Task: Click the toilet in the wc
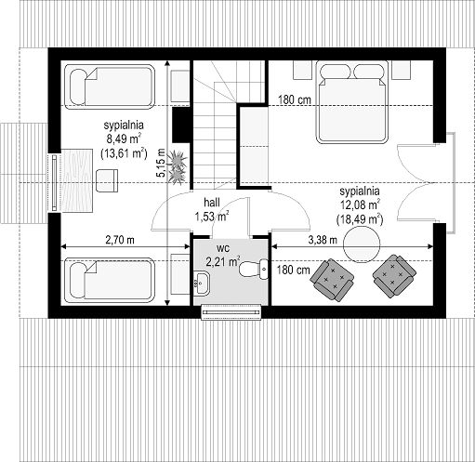pyautogui.click(x=254, y=269)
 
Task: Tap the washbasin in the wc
pyautogui.click(x=202, y=283)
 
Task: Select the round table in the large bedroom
pyautogui.click(x=362, y=244)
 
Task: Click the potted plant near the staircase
pyautogui.click(x=177, y=166)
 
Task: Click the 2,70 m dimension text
pyautogui.click(x=120, y=240)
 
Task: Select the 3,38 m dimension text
pyautogui.click(x=323, y=240)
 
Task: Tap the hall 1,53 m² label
pyautogui.click(x=212, y=210)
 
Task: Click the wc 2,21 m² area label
pyautogui.click(x=223, y=256)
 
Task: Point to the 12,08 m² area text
pyautogui.click(x=361, y=205)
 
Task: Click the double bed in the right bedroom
pyautogui.click(x=352, y=102)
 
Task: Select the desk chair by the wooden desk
pyautogui.click(x=107, y=180)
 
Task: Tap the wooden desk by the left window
pyautogui.click(x=77, y=180)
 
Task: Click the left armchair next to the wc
pyautogui.click(x=333, y=280)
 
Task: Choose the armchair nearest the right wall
pyautogui.click(x=394, y=276)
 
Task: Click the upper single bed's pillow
pyautogui.click(x=78, y=86)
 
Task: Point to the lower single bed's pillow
pyautogui.click(x=78, y=281)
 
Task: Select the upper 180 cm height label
pyautogui.click(x=295, y=100)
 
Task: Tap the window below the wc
pyautogui.click(x=231, y=312)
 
